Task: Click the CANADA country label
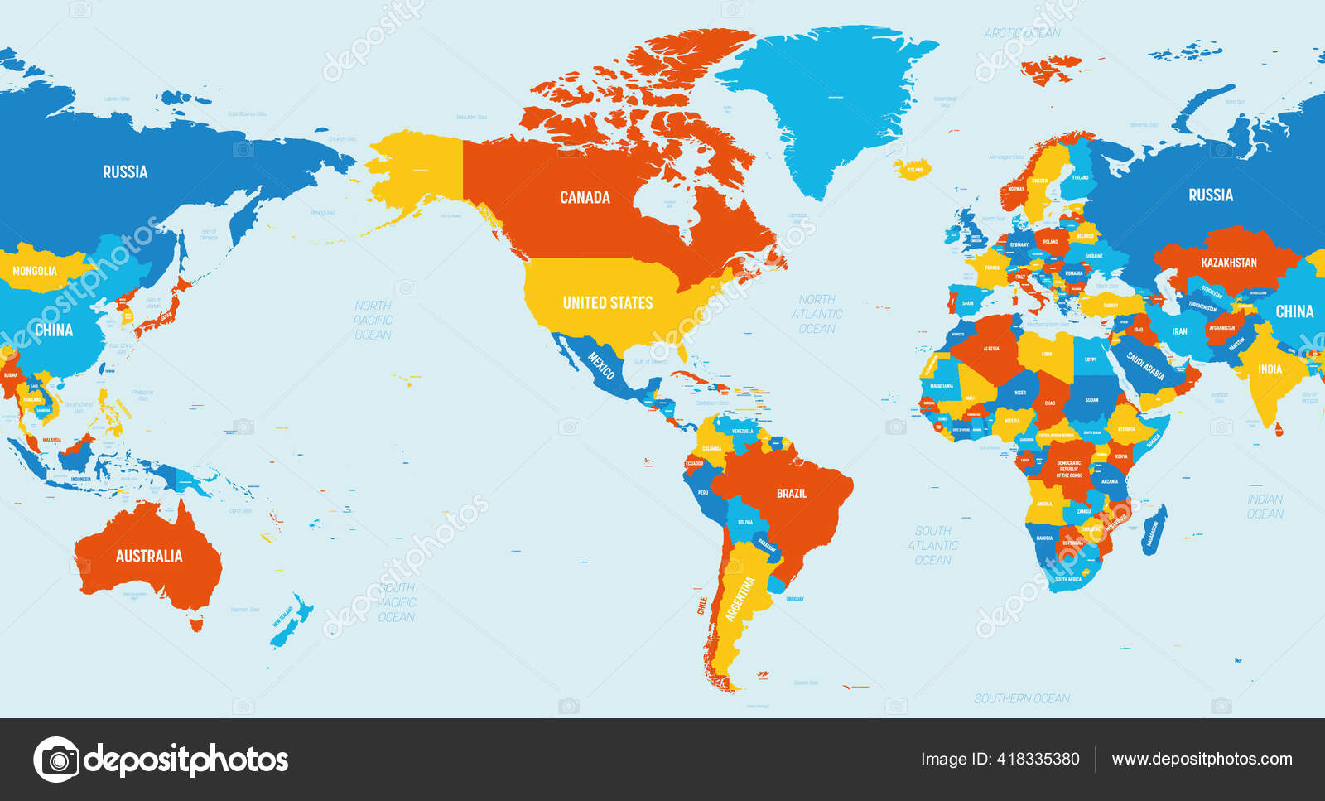[585, 197]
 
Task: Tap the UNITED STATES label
[608, 303]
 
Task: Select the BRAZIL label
[791, 494]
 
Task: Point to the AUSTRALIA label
[149, 556]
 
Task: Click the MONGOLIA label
[35, 271]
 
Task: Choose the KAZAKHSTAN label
[1229, 263]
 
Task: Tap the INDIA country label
[1270, 369]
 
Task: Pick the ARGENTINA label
[740, 599]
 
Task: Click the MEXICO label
[601, 364]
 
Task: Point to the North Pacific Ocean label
[373, 320]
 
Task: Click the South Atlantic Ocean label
[932, 545]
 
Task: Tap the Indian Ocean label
[1265, 506]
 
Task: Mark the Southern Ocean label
[1021, 698]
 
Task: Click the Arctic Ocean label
[1022, 33]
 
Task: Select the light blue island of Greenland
[828, 99]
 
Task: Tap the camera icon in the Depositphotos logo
[56, 759]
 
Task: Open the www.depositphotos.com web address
[1202, 759]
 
